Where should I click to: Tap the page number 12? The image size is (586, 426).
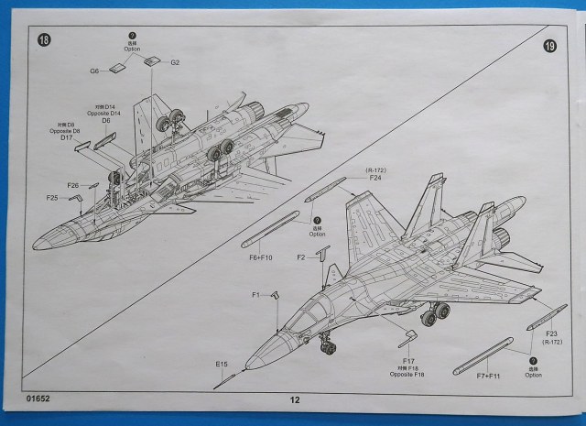click(x=294, y=399)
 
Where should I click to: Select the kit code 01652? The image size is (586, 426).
click(x=40, y=399)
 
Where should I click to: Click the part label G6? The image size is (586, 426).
click(x=94, y=71)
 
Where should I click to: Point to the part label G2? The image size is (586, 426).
click(x=175, y=62)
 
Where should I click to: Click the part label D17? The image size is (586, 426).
click(x=68, y=137)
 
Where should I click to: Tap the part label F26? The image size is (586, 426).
click(x=73, y=185)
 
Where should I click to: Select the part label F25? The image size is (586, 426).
click(x=52, y=197)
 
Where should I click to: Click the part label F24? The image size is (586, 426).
click(x=375, y=178)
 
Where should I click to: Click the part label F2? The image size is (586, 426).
click(x=300, y=257)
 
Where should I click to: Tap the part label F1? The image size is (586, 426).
click(x=257, y=294)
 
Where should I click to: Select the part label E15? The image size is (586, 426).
click(x=222, y=365)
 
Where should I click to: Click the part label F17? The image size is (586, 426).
click(x=409, y=362)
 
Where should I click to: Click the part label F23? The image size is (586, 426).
click(x=551, y=333)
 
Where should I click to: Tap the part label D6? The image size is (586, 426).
click(x=106, y=121)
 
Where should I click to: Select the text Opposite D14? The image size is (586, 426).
click(x=105, y=113)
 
